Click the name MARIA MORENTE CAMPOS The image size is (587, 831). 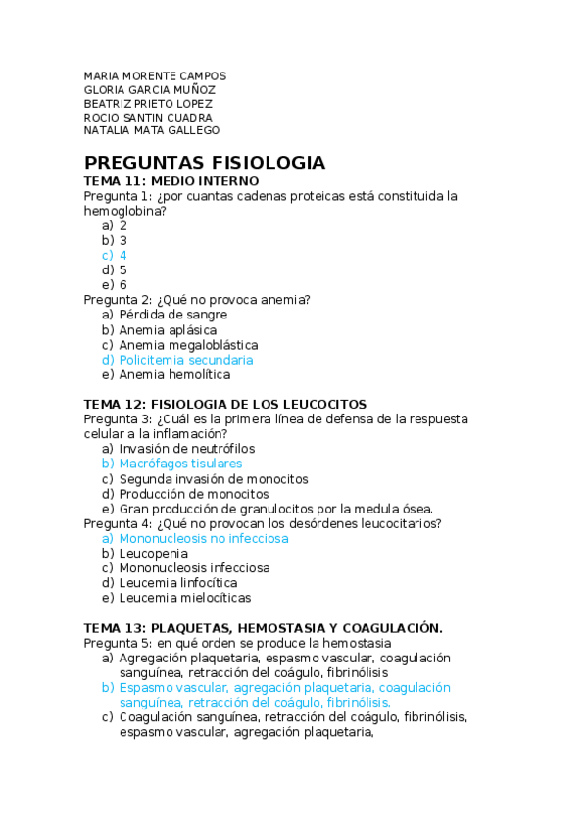coord(155,75)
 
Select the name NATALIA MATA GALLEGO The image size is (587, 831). coord(151,130)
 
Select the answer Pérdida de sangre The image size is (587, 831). coord(172,315)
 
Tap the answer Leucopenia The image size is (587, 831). coord(153,553)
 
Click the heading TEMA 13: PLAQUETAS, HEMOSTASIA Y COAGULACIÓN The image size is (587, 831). coord(263,627)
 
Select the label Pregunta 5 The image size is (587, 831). coord(116,642)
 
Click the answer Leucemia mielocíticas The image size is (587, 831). coord(184,597)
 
